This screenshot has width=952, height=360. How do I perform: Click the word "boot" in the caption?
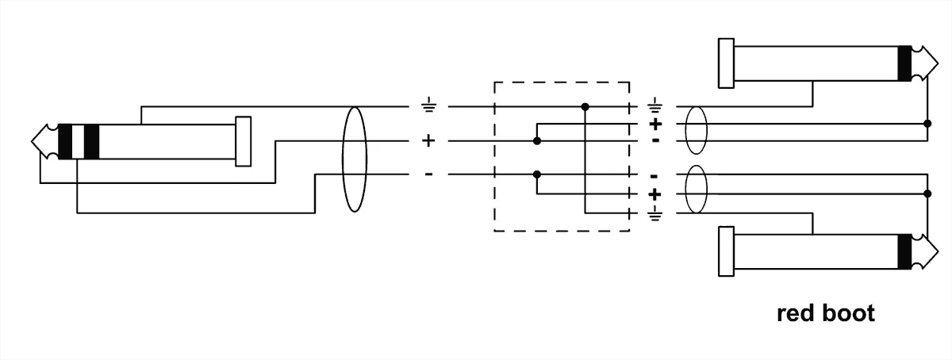tap(848, 314)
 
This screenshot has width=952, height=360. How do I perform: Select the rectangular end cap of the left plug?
tap(244, 141)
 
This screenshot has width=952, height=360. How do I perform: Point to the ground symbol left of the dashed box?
tap(428, 105)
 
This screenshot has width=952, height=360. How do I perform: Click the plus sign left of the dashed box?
tap(428, 141)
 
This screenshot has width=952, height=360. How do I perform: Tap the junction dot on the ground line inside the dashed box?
tap(585, 106)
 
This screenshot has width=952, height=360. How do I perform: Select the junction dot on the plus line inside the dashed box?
tap(537, 141)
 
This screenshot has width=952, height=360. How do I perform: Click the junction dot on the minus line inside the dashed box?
tap(537, 174)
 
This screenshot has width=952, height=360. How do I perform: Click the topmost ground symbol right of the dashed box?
tap(655, 104)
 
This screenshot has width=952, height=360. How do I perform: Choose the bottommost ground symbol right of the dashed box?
tap(655, 213)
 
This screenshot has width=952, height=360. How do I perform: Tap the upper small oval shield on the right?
tap(695, 130)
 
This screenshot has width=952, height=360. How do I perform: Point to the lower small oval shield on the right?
tap(695, 190)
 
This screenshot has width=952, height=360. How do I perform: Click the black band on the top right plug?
tap(904, 63)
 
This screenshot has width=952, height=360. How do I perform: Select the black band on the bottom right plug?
tap(904, 253)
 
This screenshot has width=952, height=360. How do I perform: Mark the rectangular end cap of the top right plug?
tap(725, 63)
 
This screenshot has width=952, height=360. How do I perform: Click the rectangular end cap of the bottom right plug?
tap(725, 252)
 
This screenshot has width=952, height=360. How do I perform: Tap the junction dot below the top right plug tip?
tap(927, 124)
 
